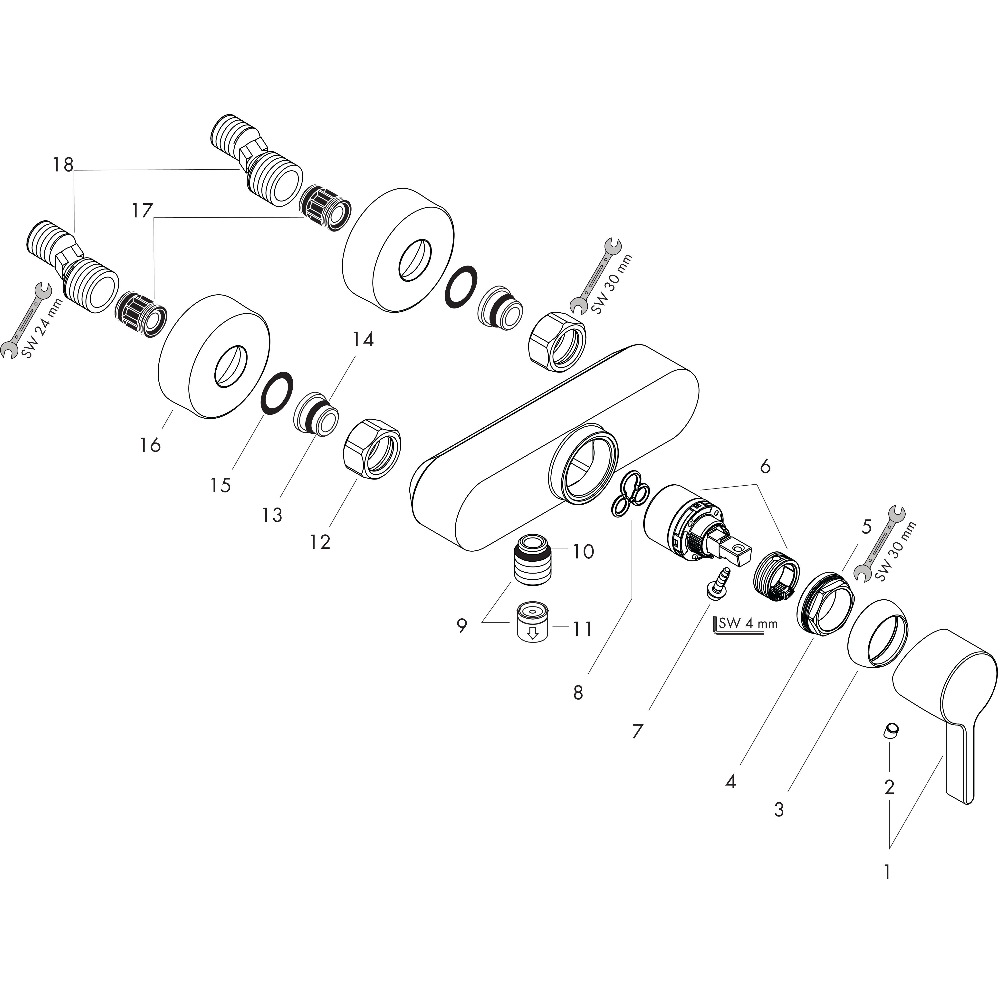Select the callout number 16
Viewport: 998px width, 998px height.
(x=150, y=445)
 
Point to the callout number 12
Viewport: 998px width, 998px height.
(x=320, y=542)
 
